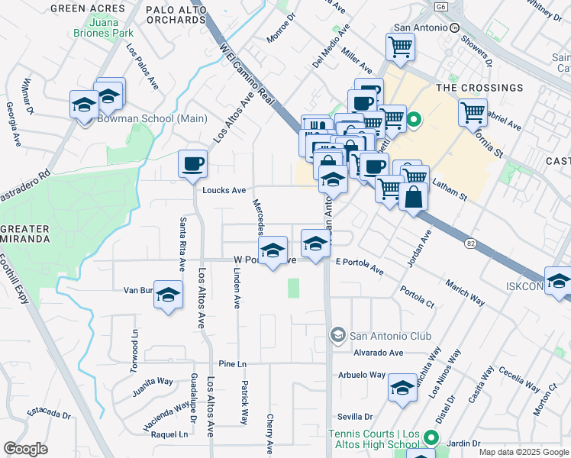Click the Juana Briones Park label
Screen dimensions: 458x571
(104, 27)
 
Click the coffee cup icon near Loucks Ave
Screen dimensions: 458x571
(192, 163)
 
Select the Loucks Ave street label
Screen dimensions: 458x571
(224, 190)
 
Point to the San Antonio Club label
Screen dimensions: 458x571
(390, 335)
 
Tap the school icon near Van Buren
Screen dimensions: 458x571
(169, 295)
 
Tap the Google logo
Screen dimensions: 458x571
(25, 449)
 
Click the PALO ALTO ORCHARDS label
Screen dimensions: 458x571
(176, 13)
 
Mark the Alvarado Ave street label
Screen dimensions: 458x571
(378, 353)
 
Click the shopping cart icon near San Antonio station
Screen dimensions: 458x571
(400, 47)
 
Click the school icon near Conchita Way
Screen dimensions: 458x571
(402, 388)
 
